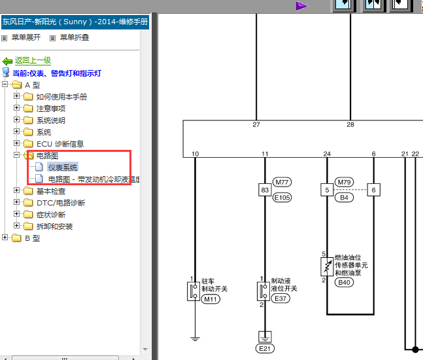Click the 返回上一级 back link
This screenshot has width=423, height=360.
pos(33,60)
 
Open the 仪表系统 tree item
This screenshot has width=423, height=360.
pos(63,168)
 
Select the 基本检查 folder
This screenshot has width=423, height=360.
pos(51,191)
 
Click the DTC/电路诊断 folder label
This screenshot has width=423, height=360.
pos(61,203)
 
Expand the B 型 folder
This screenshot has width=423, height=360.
pos(5,238)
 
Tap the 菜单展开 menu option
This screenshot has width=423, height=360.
pos(26,37)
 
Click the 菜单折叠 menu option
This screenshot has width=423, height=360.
pos(75,37)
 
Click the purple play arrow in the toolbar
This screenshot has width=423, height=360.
pos(301,6)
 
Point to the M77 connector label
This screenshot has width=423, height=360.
pos(282,183)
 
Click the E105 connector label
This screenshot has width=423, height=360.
pos(282,198)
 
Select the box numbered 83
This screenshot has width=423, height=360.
pos(265,190)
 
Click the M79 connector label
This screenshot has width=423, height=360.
pos(344,183)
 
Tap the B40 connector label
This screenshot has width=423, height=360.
pos(344,283)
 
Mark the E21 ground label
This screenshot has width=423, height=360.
pos(265,349)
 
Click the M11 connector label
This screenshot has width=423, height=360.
pos(211,299)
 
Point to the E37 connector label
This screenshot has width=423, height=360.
pos(280,298)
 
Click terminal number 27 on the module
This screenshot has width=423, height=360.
pos(256,124)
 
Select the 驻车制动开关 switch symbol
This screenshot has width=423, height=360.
pos(194,291)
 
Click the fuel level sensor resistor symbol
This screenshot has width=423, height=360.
pos(327,266)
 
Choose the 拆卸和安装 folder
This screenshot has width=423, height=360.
pos(55,226)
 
